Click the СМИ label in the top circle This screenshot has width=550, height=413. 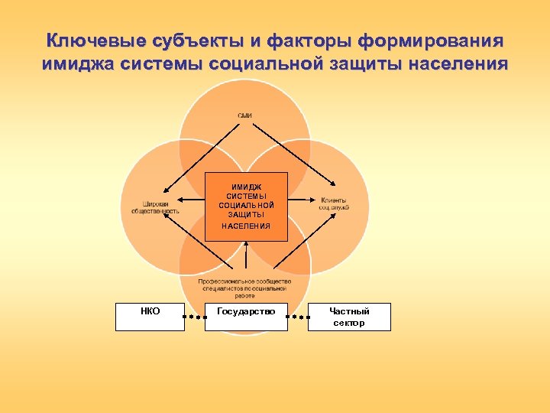click(x=244, y=115)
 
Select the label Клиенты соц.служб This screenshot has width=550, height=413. click(x=334, y=203)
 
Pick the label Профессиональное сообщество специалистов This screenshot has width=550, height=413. click(x=244, y=287)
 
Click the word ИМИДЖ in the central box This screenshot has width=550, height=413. click(x=247, y=186)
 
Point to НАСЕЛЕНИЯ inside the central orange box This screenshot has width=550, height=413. click(x=246, y=226)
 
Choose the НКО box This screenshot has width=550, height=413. click(x=150, y=317)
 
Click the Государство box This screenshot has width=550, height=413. click(x=246, y=317)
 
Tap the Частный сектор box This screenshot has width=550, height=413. click(x=349, y=317)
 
